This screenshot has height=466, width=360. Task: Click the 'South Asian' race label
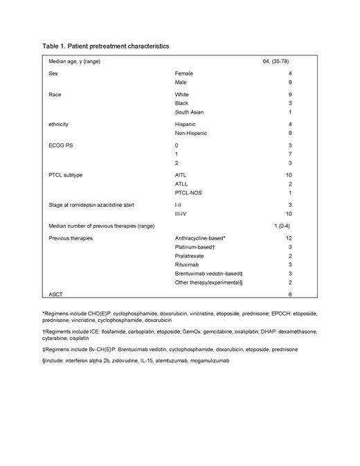pos(190,112)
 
